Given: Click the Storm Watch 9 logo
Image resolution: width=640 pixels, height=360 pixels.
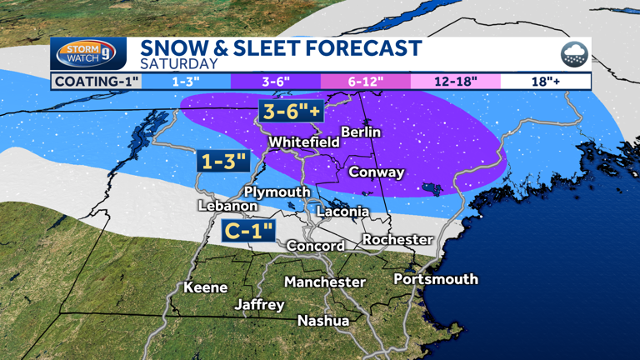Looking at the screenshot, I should [x=88, y=54].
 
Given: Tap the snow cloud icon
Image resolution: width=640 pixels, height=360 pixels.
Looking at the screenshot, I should [x=573, y=55].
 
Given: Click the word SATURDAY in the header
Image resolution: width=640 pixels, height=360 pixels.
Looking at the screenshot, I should [x=178, y=63].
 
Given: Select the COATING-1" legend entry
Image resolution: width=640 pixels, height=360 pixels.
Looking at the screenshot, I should [x=96, y=81].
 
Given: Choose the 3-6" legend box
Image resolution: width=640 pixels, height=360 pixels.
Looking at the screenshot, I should [x=276, y=81].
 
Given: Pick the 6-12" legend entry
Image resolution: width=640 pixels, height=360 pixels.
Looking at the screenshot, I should [x=366, y=81].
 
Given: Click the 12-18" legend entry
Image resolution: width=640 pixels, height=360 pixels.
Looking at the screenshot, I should [x=456, y=81].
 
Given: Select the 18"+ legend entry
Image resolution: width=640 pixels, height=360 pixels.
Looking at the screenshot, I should [x=546, y=81].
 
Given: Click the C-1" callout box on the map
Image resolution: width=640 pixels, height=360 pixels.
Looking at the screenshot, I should [x=247, y=231].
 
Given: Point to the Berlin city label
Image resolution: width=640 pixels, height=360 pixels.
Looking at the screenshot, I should [x=361, y=132].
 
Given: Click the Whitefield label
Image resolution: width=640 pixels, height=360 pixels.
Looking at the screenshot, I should [x=303, y=142].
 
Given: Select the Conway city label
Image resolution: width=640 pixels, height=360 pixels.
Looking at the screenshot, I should [x=376, y=172].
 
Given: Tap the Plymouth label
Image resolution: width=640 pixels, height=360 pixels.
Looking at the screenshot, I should [x=277, y=192].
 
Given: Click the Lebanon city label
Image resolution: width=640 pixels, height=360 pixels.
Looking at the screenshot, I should [x=227, y=206].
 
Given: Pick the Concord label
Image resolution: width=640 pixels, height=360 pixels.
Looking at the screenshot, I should [x=315, y=246].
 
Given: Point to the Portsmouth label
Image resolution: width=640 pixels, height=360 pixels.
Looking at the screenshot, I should [x=436, y=278].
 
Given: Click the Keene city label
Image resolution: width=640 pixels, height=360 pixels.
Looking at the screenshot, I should [x=206, y=287].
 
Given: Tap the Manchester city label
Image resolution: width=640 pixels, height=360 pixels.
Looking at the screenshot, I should [x=325, y=282].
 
